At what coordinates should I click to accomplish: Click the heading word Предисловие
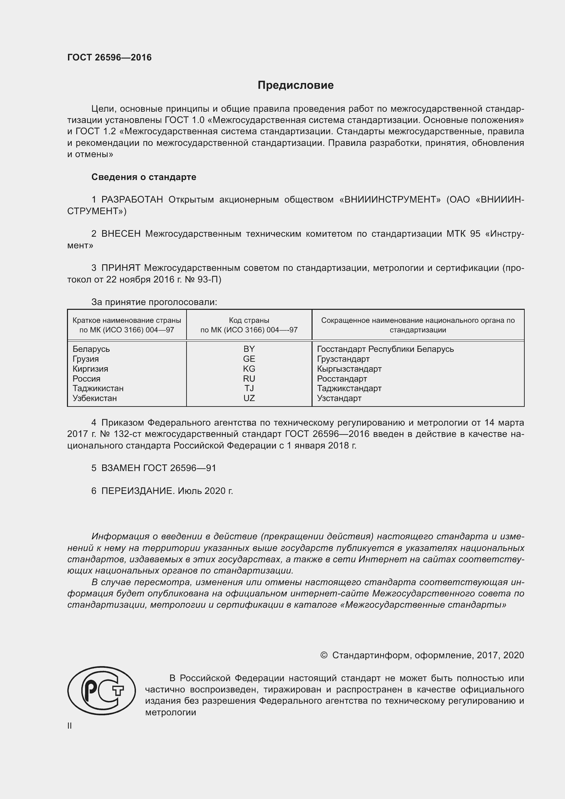[x=295, y=85]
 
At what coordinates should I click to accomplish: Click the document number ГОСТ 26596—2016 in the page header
[x=109, y=57]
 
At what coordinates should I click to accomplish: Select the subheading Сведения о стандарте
[x=144, y=177]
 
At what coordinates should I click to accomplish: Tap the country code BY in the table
[x=249, y=349]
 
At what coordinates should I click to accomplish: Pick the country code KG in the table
[x=249, y=369]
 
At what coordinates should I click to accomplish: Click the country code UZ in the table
[x=249, y=398]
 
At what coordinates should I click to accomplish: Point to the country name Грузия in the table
[x=86, y=359]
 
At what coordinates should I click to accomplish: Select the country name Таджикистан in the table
[x=98, y=388]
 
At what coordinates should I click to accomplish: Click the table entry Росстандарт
[x=342, y=378]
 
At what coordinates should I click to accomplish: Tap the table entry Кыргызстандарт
[x=349, y=369]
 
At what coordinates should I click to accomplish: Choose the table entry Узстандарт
[x=339, y=398]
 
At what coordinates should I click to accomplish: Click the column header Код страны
[x=249, y=320]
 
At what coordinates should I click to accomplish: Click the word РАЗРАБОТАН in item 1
[x=132, y=199]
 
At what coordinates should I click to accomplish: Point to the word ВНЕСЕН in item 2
[x=121, y=234]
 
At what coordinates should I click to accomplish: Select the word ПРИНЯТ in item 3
[x=121, y=268]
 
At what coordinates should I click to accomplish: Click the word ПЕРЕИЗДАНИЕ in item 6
[x=137, y=491]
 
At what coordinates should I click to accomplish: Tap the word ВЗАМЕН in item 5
[x=120, y=468]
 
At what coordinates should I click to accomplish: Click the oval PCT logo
[x=101, y=690]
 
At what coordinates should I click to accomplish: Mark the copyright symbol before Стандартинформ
[x=323, y=655]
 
